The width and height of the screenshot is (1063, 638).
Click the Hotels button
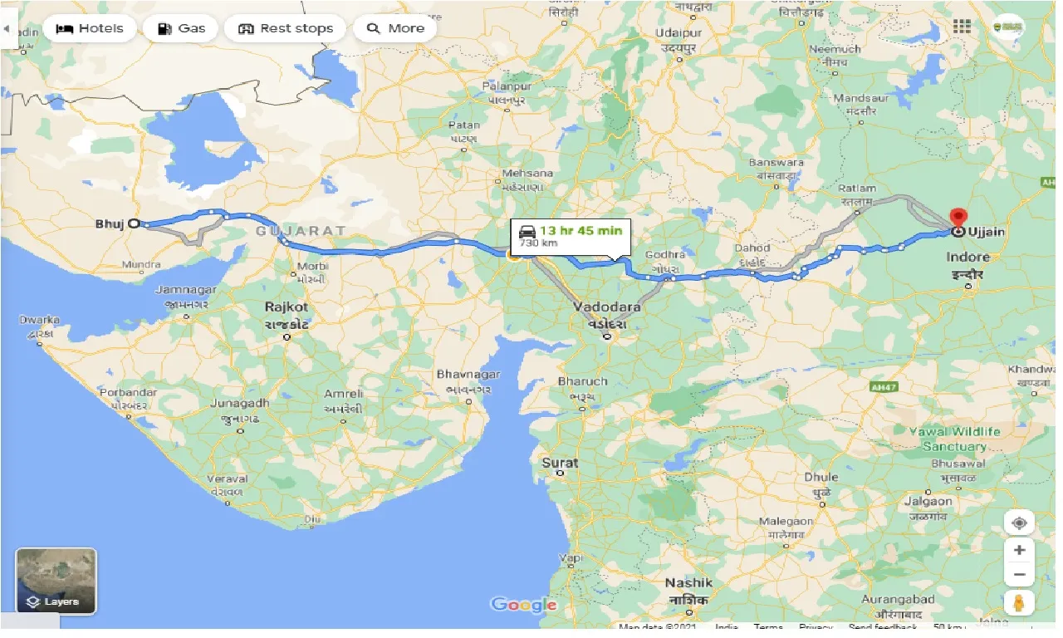point(89,28)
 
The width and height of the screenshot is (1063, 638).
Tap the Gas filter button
point(180,28)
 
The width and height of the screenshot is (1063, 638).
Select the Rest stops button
point(285,28)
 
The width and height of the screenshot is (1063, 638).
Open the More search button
point(395,28)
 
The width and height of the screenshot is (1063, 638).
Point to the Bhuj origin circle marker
point(134,223)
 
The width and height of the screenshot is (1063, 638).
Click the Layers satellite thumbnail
point(56,580)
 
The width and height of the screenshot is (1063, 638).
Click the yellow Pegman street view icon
point(1019,601)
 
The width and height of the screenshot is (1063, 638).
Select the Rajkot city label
point(287,307)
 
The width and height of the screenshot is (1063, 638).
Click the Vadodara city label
point(606,307)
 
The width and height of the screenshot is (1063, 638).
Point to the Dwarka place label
point(41,320)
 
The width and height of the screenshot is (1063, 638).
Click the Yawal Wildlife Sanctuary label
point(954,439)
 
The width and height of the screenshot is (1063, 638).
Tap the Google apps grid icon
point(962,27)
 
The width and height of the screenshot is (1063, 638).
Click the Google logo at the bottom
point(523,604)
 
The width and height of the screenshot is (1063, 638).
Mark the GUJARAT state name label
point(301,230)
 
